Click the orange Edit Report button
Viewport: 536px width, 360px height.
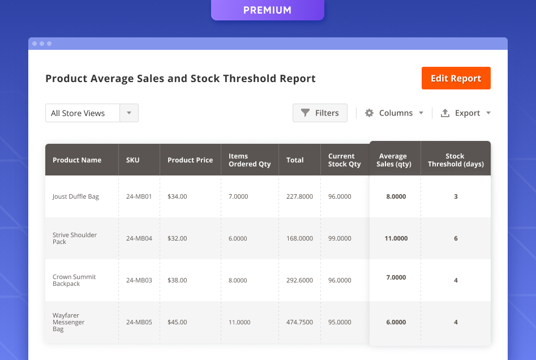pos(456,78)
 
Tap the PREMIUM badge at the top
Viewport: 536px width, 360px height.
pos(267,10)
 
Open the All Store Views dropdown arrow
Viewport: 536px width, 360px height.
pos(129,113)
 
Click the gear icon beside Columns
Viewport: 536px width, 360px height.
pos(369,113)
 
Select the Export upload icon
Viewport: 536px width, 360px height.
pos(445,113)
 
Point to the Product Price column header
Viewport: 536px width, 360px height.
pos(190,160)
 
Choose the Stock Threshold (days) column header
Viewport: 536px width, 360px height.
pos(456,160)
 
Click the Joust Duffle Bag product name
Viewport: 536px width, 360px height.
pos(76,196)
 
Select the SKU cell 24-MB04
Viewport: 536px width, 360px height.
pos(139,238)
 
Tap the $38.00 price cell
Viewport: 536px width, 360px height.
pos(177,280)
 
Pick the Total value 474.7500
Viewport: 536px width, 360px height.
pos(299,322)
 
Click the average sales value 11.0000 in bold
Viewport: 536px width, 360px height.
pos(396,238)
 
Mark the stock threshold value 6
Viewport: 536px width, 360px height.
pos(456,238)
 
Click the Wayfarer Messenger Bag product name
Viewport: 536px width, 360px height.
pos(68,322)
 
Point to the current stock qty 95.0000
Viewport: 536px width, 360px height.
pos(340,322)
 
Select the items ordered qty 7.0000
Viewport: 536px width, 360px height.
pos(238,196)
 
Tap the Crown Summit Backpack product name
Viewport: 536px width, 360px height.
pos(74,280)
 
